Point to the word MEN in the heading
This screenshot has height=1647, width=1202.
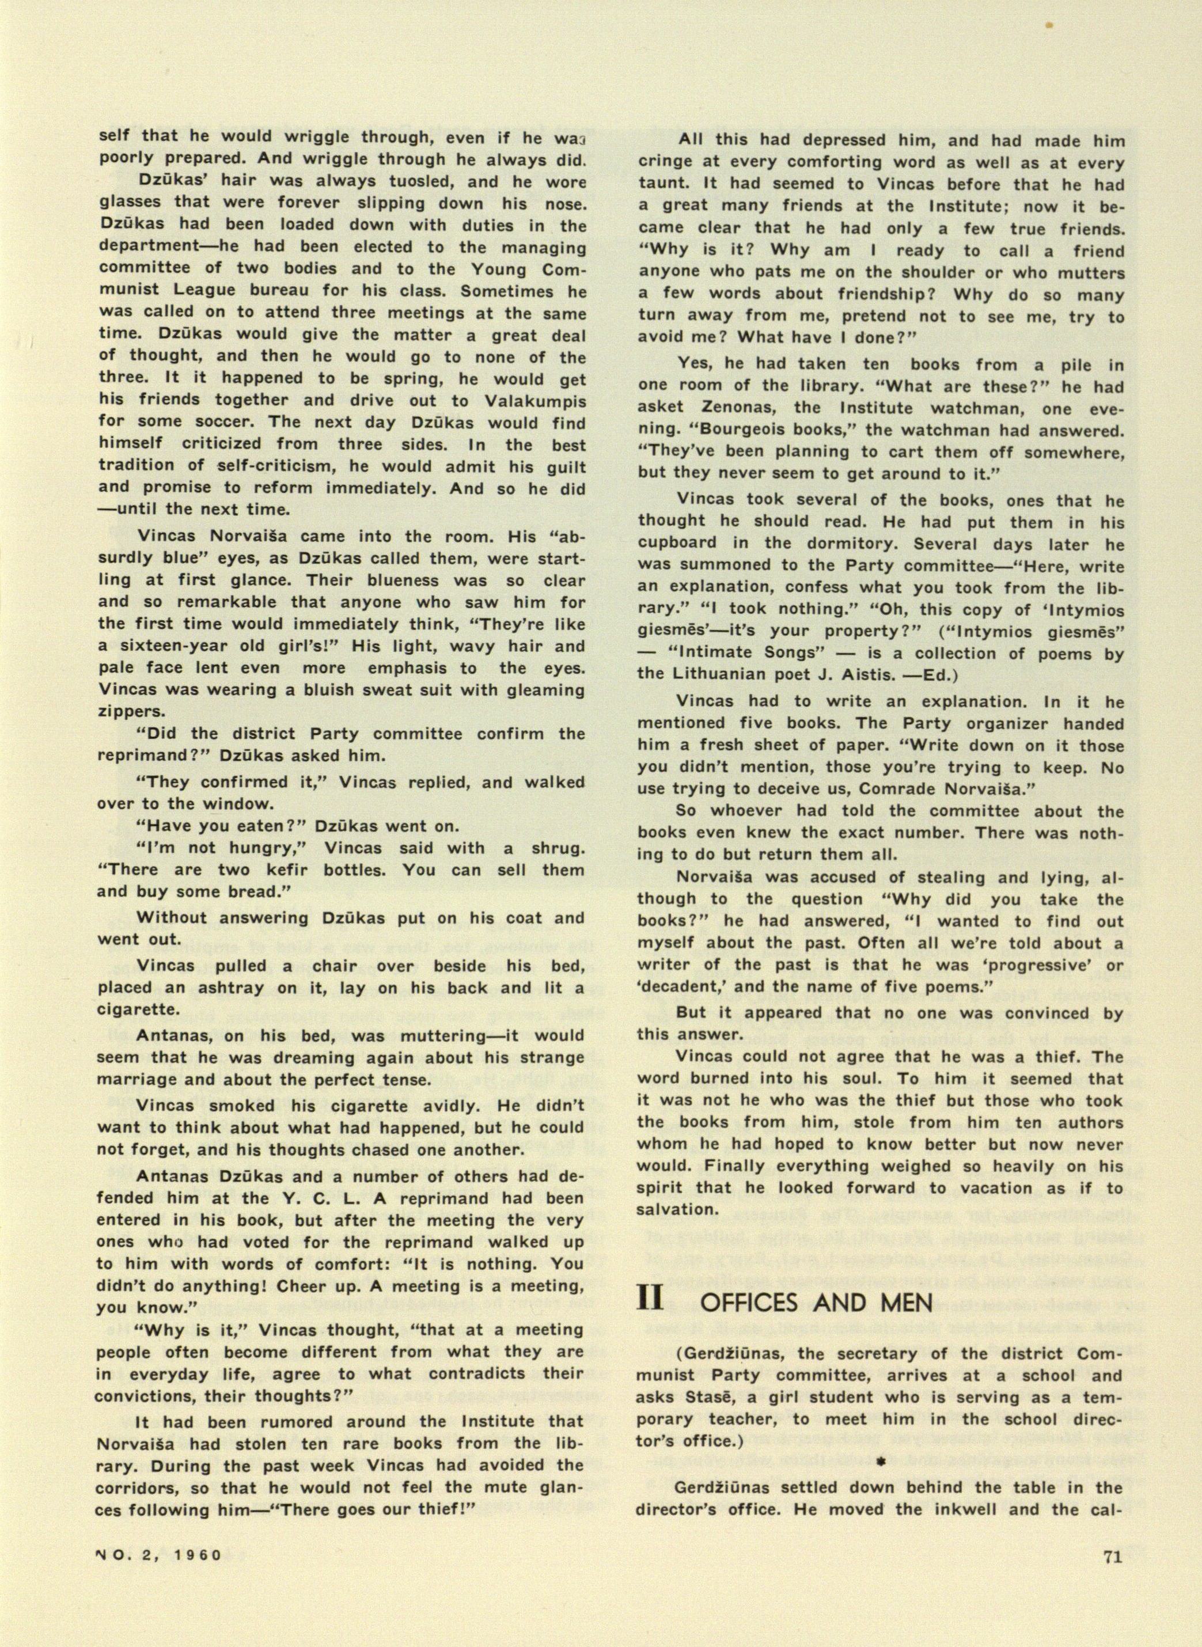click(906, 1302)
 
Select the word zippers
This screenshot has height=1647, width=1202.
click(129, 712)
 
